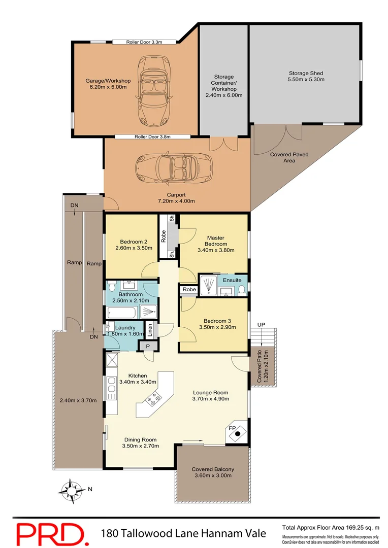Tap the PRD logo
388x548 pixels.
coord(50,533)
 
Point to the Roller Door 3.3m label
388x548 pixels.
coord(144,42)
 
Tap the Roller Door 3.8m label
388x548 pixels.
coord(152,136)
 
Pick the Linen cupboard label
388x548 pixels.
coord(149,330)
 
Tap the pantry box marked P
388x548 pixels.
coord(147,346)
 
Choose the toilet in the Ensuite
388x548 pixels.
coord(242,289)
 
